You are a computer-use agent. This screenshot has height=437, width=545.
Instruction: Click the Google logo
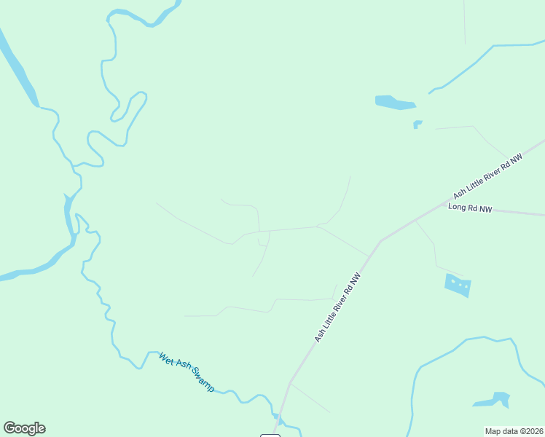click(x=24, y=428)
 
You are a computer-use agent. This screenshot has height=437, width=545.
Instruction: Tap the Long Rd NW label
click(x=470, y=208)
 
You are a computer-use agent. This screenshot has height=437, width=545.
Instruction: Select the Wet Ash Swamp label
click(x=187, y=371)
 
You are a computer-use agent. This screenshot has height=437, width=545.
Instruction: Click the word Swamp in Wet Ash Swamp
click(x=203, y=381)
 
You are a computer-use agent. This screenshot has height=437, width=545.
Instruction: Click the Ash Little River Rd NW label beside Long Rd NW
click(x=488, y=176)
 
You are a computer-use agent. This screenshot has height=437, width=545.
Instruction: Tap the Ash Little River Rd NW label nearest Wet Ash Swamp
click(x=338, y=308)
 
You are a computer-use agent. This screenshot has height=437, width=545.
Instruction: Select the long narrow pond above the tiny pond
click(x=394, y=103)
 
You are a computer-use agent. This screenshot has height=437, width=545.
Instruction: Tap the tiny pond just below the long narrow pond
click(x=417, y=124)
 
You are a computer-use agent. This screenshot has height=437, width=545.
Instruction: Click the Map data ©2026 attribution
click(x=514, y=431)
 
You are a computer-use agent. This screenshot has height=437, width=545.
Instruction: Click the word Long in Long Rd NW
click(x=456, y=208)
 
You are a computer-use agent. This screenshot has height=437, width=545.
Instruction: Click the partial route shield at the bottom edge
click(x=270, y=435)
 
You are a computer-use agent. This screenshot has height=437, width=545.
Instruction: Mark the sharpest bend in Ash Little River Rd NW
click(x=380, y=241)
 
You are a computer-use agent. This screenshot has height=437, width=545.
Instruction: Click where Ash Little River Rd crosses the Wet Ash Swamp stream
click(x=278, y=417)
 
